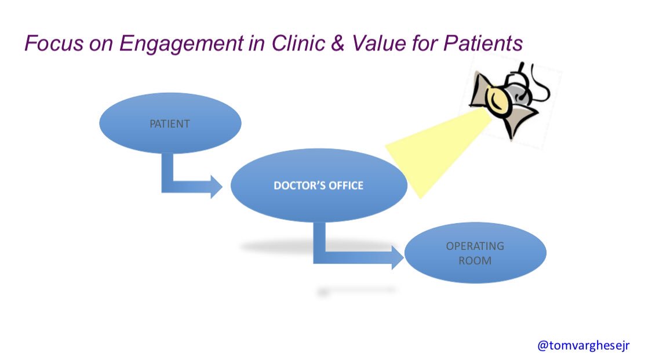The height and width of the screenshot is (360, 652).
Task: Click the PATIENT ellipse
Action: pyautogui.click(x=170, y=124)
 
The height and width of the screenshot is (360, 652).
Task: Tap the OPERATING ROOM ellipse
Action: pyautogui.click(x=475, y=253)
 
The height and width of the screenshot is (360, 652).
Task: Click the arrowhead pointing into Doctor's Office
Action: pyautogui.click(x=216, y=186)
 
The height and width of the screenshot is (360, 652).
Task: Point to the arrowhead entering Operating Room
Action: pyautogui.click(x=397, y=257)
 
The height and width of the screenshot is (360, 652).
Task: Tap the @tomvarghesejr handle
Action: pyautogui.click(x=583, y=345)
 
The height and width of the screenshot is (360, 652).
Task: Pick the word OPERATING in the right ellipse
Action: pyautogui.click(x=475, y=246)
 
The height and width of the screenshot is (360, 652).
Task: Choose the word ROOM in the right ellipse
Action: pyautogui.click(x=475, y=261)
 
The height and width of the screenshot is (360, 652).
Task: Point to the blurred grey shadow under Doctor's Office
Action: pyautogui.click(x=278, y=248)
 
